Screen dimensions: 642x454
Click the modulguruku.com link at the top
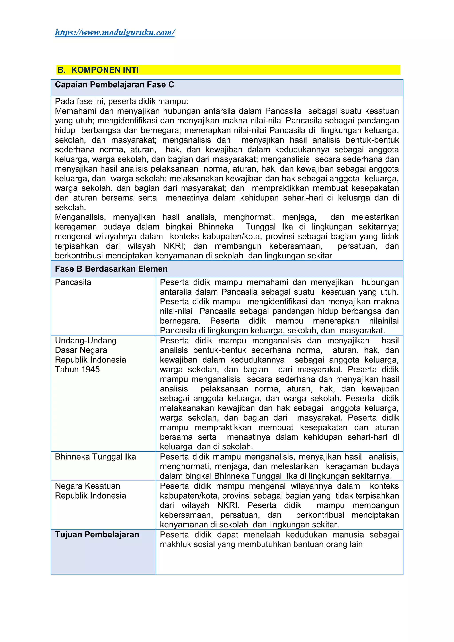(115, 33)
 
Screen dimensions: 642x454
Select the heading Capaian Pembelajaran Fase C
(114, 85)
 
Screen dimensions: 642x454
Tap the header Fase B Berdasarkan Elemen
(111, 269)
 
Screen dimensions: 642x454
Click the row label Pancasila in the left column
(73, 282)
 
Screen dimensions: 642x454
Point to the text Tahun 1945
(77, 369)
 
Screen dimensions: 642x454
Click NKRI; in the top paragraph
(174, 246)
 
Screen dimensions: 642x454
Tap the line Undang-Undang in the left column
(86, 341)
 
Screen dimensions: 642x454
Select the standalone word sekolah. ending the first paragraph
(70, 207)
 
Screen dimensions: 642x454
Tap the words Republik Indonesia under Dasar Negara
(90, 360)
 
